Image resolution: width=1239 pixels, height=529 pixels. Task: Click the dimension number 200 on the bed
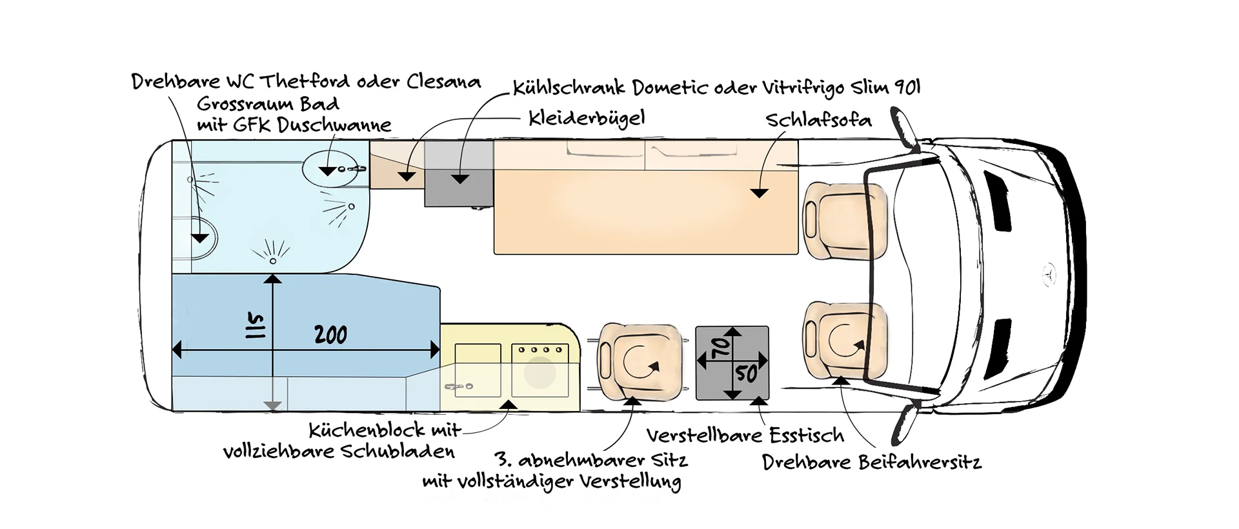[330, 335]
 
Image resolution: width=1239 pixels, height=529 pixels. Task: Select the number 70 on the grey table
[721, 347]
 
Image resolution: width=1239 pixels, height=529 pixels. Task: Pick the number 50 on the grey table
[746, 373]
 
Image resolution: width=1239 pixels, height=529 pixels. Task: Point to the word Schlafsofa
[818, 121]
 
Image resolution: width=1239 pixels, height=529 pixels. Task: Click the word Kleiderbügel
[586, 118]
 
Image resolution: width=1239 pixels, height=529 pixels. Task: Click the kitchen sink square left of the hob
[478, 370]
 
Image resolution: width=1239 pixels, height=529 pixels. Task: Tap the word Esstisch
[807, 436]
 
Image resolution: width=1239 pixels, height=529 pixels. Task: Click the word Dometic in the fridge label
[671, 88]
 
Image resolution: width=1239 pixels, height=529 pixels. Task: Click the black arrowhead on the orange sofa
[759, 193]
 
